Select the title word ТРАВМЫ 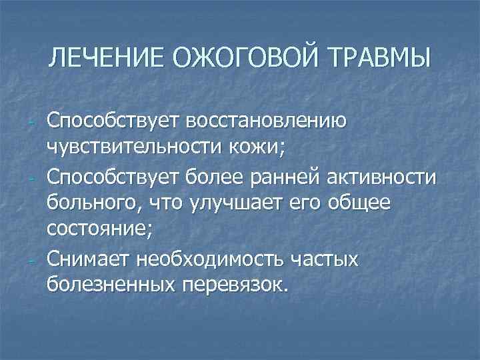click(379, 58)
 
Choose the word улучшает click(231, 201)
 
